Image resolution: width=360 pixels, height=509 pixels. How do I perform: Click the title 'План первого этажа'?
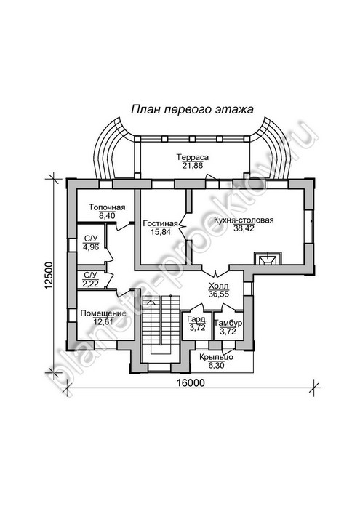pos(192,109)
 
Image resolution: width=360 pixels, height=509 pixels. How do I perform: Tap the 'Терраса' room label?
pos(193,157)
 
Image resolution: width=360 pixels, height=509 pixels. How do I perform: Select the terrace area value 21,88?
pos(193,165)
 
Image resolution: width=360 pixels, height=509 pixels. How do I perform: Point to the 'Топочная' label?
pos(107,207)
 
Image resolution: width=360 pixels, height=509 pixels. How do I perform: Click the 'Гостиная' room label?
pos(160,223)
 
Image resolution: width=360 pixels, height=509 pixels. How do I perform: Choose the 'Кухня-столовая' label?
pos(244,220)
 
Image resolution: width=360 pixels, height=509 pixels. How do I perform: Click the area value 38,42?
pos(244,228)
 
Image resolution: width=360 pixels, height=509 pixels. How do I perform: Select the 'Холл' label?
pos(218,286)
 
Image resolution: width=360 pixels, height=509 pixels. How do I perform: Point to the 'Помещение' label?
pos(103,313)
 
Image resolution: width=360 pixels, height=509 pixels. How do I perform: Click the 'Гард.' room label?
pos(197,320)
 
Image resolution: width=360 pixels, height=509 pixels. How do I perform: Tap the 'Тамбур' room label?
pos(228,324)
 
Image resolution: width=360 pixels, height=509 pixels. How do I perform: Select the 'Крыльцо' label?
pos(216,357)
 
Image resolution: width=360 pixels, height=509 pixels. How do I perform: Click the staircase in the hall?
pos(160,328)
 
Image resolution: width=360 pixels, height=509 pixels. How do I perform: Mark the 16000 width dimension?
pos(191,382)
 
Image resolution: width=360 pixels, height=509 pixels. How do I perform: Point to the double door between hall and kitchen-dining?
pos(215,272)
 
